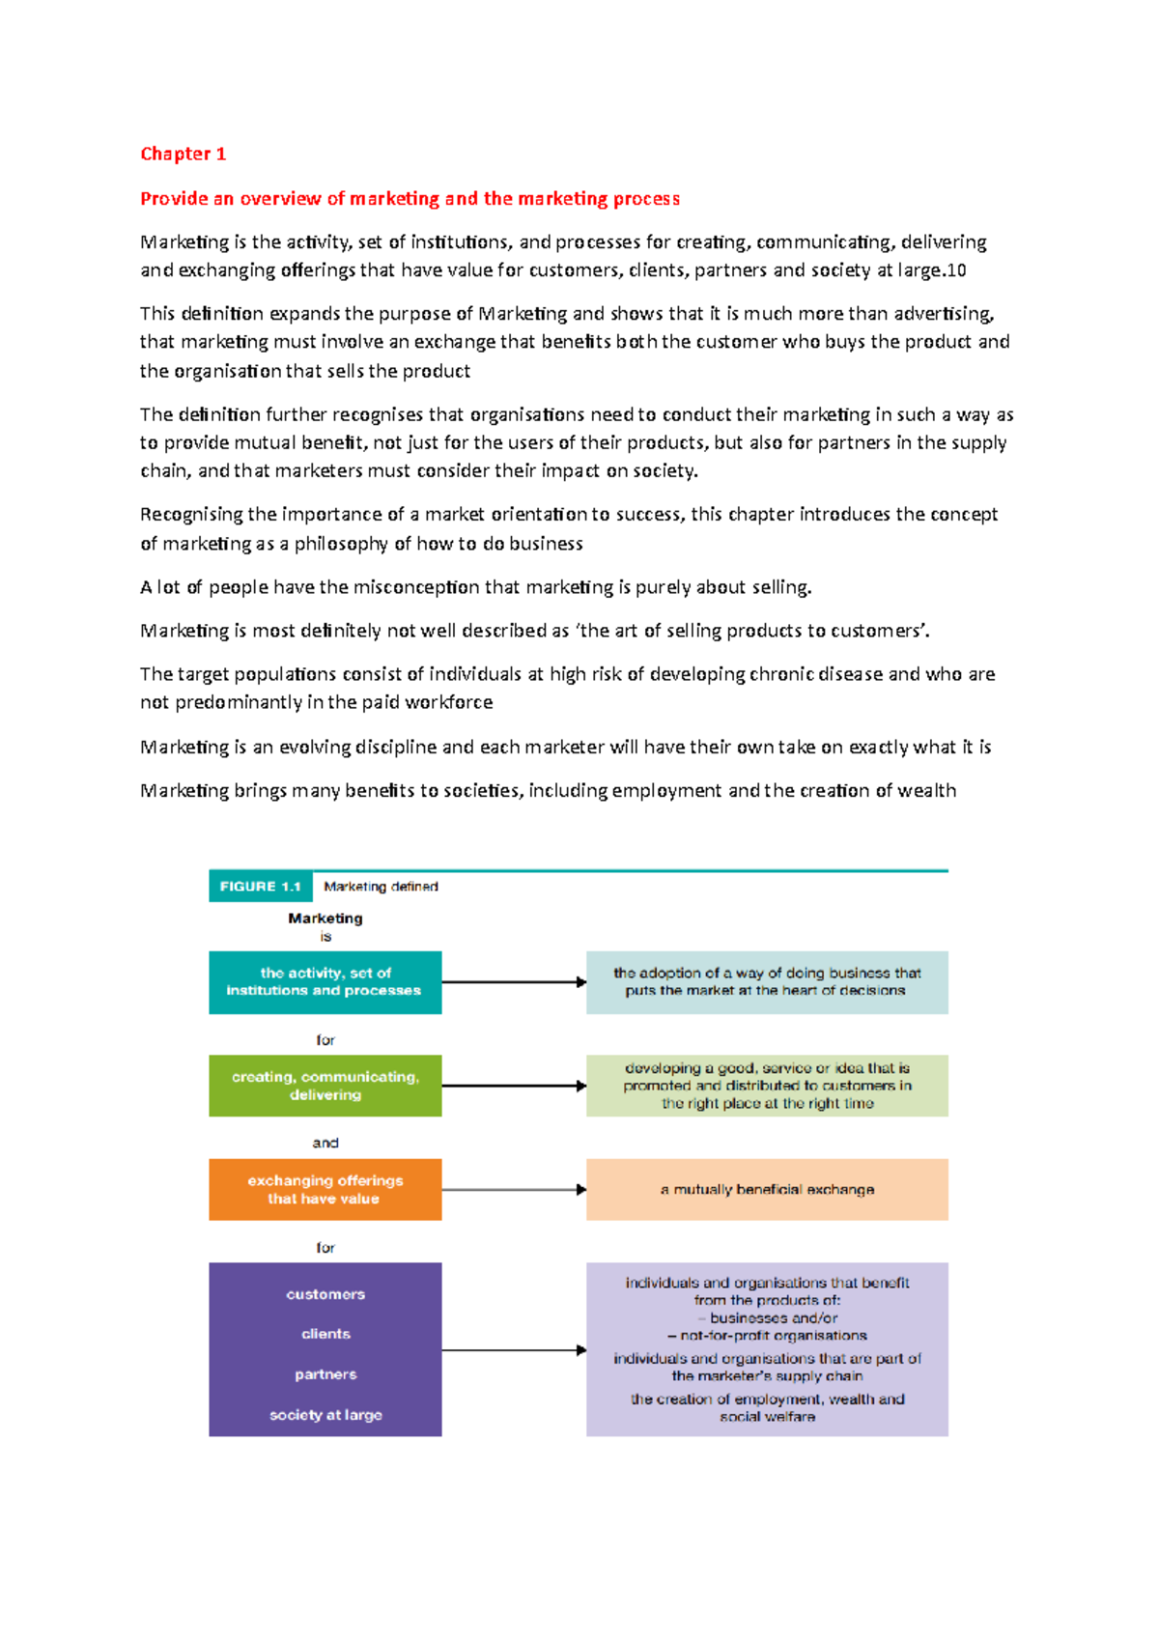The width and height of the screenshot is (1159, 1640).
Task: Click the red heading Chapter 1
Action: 183,154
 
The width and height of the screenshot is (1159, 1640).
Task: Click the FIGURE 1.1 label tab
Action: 260,886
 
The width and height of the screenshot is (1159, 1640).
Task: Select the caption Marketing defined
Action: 381,886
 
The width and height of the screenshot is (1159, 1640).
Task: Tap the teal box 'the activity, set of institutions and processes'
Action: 325,982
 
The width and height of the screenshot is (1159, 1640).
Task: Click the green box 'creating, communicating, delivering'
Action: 325,1086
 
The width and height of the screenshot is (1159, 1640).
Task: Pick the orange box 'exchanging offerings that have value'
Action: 325,1189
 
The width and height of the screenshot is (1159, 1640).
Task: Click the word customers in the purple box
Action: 325,1294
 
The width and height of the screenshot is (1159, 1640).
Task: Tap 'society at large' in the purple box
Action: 325,1415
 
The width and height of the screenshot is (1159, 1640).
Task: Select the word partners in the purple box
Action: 325,1374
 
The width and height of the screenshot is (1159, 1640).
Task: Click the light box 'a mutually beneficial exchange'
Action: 767,1189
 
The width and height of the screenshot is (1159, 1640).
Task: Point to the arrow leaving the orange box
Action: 514,1189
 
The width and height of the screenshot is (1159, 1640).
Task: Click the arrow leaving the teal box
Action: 514,982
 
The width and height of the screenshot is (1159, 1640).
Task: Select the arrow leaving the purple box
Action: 514,1350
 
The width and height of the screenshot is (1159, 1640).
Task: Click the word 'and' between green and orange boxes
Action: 325,1143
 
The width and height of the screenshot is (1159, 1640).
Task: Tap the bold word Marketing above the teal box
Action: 325,919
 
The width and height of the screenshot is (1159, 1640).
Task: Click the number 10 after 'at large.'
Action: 956,270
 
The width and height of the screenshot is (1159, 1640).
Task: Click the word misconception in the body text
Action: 416,587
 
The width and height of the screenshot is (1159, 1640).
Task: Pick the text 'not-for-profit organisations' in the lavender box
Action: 773,1336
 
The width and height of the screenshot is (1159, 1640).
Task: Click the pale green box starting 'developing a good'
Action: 767,1086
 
